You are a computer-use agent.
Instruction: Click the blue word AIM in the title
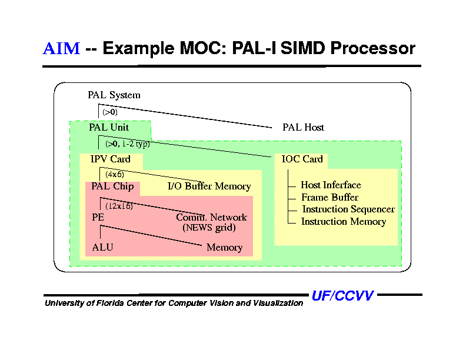point(61,48)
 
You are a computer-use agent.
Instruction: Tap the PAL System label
point(114,95)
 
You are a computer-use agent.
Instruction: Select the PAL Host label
point(303,127)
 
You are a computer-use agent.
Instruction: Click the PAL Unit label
point(109,127)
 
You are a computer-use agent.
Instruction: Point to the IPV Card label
point(111,159)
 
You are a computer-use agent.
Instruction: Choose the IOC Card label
point(302,159)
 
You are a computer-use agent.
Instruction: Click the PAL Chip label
point(112,186)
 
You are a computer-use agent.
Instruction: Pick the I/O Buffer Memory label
point(209,186)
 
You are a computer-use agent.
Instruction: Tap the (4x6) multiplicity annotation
point(114,174)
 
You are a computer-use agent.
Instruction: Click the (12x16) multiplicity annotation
point(119,206)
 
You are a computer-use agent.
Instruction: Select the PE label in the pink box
point(98,217)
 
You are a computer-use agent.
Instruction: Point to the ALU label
point(102,248)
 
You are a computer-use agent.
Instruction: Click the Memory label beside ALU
point(224,248)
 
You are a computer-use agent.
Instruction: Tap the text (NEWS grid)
point(209,227)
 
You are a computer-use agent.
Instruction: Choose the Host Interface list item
point(331,185)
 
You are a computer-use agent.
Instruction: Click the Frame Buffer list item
point(329,198)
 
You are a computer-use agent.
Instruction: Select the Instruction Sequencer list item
point(348,209)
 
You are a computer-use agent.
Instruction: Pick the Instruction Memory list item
point(343,222)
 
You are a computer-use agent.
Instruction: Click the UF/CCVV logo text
point(342,296)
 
